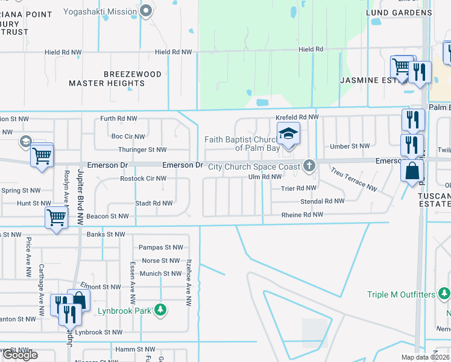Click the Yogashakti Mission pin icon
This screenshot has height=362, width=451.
click(x=145, y=10)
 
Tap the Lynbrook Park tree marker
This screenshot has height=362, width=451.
click(x=160, y=310)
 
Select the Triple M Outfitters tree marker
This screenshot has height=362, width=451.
click(x=444, y=294)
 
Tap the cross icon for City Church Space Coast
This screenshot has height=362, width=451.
click(x=309, y=165)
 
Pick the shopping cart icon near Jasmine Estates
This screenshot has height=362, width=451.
click(x=401, y=67)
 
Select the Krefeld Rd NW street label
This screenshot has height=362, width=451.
click(x=296, y=117)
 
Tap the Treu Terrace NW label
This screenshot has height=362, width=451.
click(x=354, y=180)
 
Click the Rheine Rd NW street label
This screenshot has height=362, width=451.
click(x=302, y=215)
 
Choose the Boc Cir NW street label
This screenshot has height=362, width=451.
click(x=128, y=137)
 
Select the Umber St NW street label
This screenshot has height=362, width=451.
click(x=350, y=146)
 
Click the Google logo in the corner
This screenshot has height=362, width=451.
click(x=20, y=355)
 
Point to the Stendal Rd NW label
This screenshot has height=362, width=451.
click(x=323, y=201)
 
